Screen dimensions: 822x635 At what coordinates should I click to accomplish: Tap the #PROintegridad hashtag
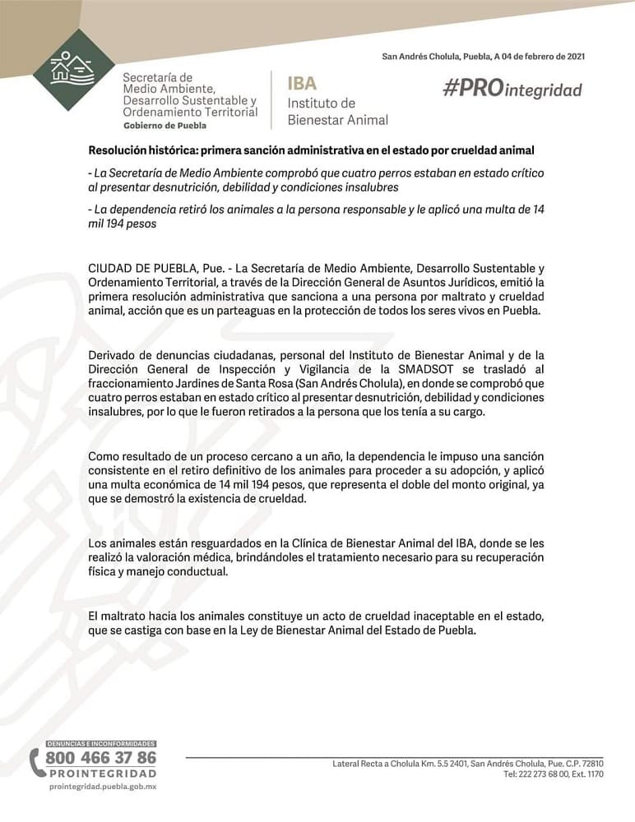pos(512,90)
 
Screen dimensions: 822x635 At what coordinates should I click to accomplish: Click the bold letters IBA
pos(302,84)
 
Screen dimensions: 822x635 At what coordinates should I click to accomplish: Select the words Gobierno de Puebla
pos(165,126)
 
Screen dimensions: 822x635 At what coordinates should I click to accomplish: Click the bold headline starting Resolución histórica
pos(311,151)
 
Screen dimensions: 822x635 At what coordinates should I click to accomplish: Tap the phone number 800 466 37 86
pos(100,757)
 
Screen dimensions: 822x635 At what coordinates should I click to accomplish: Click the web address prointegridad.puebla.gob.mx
pos(103,787)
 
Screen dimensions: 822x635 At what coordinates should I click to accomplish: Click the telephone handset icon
pos(37,763)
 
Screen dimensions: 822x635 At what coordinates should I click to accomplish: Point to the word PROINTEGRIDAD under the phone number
pos(102,774)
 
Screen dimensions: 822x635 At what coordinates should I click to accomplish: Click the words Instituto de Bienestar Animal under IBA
pos(337,112)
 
